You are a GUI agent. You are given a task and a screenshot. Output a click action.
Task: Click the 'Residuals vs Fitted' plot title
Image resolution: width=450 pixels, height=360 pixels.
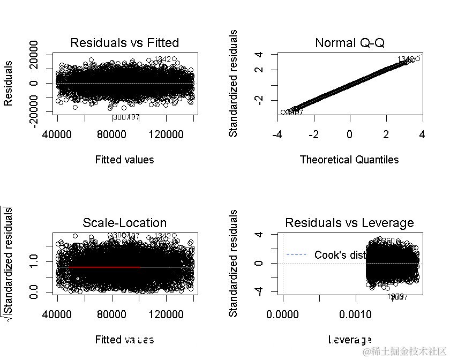click(125, 43)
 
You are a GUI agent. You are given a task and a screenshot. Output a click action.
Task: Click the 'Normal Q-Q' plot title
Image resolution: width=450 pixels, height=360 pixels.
click(350, 43)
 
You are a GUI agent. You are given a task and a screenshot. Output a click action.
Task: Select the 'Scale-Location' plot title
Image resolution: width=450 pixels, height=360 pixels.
click(125, 223)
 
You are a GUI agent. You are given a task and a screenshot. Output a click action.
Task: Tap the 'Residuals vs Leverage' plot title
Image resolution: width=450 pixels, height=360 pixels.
click(350, 223)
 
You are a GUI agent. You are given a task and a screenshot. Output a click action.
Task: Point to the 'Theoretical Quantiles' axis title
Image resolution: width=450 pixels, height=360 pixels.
click(349, 160)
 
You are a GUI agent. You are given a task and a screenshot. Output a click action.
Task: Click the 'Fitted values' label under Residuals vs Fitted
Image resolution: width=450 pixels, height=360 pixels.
click(124, 160)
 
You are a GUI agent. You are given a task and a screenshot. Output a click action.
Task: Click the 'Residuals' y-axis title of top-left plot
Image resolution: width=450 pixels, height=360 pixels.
click(8, 83)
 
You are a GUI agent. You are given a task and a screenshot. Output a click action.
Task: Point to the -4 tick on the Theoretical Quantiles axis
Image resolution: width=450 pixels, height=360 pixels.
click(277, 133)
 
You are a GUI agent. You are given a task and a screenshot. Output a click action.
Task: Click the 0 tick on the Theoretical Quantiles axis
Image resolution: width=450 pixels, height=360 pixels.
click(349, 133)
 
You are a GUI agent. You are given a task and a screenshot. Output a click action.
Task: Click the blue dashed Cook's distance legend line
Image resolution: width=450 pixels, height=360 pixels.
click(297, 254)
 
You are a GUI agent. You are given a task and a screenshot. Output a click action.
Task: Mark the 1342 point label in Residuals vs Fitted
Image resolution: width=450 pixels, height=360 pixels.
click(162, 59)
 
